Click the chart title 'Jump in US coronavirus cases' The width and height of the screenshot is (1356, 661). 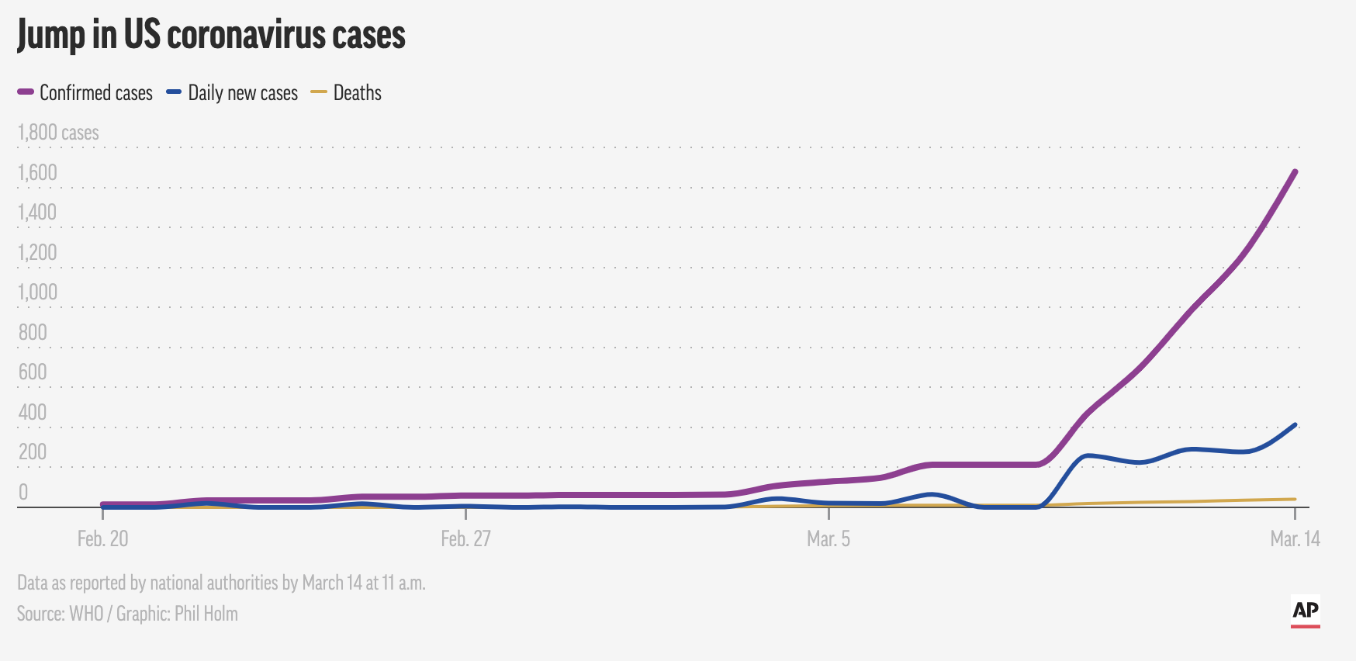point(211,36)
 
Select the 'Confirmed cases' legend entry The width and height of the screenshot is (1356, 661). point(95,93)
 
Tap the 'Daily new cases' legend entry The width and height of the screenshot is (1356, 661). point(242,93)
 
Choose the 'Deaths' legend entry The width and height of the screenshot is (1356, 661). point(357,93)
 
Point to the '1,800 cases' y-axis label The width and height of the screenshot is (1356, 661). point(58,133)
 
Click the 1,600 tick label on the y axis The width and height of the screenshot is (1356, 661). point(37,172)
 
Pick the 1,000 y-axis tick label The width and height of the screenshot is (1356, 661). point(37,292)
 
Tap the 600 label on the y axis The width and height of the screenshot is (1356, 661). point(33,372)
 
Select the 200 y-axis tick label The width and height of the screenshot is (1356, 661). point(33,452)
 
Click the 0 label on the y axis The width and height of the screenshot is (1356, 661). point(23,492)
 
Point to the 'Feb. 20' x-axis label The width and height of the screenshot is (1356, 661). point(102,538)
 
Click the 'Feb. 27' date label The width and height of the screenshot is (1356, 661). point(465,538)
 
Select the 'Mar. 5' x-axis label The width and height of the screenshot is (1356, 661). point(828,538)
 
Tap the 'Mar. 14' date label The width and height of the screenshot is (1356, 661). point(1295,538)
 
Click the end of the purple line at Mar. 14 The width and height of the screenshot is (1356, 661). point(1295,171)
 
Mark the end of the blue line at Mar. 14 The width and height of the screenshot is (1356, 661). point(1295,425)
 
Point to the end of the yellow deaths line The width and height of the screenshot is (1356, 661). point(1295,499)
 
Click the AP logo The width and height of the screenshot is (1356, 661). point(1306,611)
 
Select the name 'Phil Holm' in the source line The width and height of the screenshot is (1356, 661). point(206,614)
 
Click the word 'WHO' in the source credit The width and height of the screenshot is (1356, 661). point(86,614)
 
